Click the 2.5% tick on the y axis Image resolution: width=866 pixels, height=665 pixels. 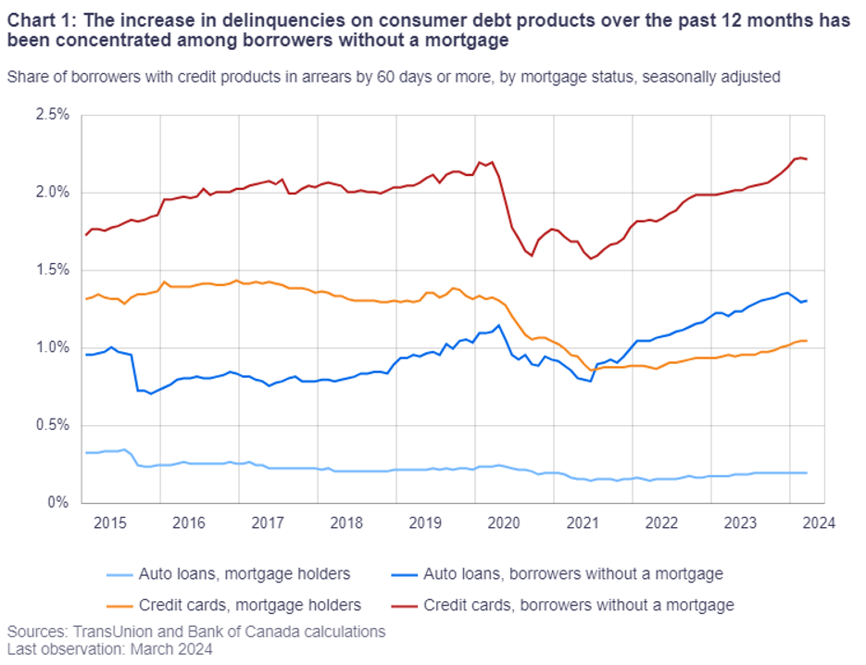54,116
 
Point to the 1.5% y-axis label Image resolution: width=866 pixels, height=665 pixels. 54,270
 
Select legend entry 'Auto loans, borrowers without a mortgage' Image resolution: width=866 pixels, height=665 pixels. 572,574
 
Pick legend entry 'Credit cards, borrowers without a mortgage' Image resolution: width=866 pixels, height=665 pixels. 578,606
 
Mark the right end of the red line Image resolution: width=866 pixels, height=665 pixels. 807,159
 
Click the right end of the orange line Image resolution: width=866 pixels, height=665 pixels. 807,341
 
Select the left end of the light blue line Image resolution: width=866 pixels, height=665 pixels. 85,452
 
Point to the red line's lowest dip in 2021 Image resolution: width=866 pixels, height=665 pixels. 591,258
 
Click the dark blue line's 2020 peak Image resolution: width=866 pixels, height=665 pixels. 499,325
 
